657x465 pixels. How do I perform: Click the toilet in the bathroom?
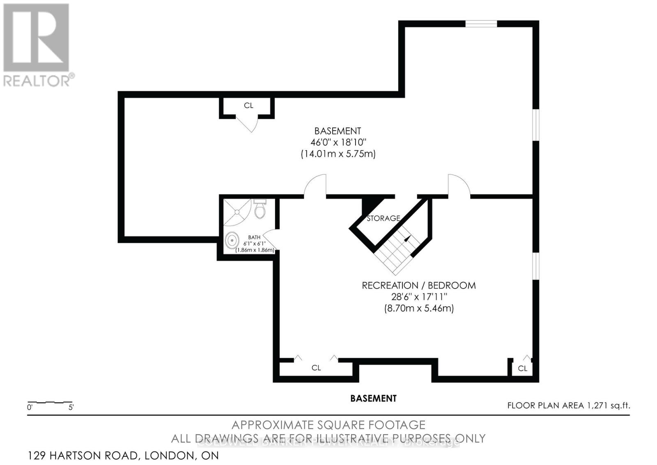(x=260, y=210)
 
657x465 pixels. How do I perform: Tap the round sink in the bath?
(x=232, y=240)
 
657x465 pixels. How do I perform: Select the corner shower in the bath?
(x=236, y=212)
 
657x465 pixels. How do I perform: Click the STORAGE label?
(x=383, y=218)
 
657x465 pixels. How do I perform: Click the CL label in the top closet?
(x=248, y=106)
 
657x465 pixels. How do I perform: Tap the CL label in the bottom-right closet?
(x=522, y=368)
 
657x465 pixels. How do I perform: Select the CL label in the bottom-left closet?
(x=316, y=368)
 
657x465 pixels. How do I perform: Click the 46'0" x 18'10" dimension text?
(x=338, y=142)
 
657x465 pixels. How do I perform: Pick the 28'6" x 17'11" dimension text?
(x=418, y=296)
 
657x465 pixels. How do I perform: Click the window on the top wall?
(x=481, y=24)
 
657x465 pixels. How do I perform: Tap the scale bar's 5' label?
(x=71, y=408)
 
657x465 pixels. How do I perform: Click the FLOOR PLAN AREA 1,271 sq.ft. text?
(x=568, y=405)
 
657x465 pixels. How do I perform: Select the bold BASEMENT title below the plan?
(x=373, y=398)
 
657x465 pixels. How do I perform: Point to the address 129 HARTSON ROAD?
(x=123, y=456)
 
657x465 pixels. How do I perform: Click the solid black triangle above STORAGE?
(x=372, y=205)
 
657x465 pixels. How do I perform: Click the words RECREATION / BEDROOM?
(x=418, y=285)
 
